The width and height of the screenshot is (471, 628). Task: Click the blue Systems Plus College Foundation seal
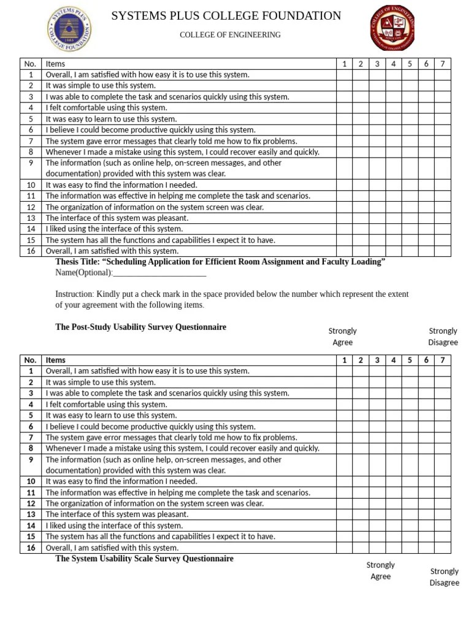tap(71, 29)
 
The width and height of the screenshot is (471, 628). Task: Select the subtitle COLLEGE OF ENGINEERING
tap(230, 35)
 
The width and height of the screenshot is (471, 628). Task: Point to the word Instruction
tap(75, 294)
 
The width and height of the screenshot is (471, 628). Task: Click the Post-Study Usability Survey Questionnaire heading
tap(140, 327)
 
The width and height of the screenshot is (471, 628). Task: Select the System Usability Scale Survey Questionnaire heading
tap(144, 559)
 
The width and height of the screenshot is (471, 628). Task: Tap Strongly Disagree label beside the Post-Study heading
tap(443, 337)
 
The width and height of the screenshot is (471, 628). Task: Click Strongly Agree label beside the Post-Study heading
tap(342, 337)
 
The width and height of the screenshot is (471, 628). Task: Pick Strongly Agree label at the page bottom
tap(380, 570)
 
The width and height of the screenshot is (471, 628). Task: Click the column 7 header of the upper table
tap(442, 64)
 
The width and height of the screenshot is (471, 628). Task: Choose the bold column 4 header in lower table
tap(393, 360)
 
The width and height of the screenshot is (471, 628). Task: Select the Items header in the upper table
tap(55, 64)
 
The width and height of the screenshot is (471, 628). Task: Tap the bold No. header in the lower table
tap(30, 360)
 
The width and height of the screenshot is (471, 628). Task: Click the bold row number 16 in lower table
tap(30, 548)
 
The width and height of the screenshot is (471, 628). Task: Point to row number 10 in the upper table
tap(30, 185)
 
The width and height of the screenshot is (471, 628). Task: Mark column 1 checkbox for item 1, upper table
tap(345, 75)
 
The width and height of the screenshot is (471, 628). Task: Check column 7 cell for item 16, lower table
tap(442, 548)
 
